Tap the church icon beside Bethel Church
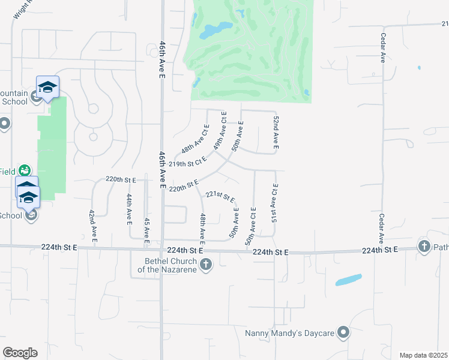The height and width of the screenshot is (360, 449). click(206, 265)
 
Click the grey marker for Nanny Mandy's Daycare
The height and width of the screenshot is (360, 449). click(343, 332)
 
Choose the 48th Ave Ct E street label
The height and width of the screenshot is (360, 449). click(195, 139)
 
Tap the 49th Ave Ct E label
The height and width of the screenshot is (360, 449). click(220, 130)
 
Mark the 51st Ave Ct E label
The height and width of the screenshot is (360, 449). click(275, 203)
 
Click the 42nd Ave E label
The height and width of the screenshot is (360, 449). click(92, 226)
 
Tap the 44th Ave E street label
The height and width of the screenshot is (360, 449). click(129, 209)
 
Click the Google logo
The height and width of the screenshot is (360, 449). click(20, 352)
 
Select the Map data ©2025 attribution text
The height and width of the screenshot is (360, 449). click(423, 355)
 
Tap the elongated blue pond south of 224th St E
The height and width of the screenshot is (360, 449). click(349, 280)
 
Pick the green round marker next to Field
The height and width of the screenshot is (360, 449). click(24, 170)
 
